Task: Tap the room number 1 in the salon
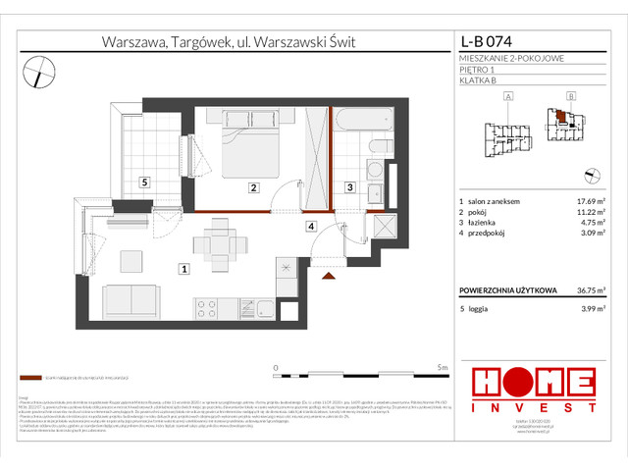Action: point(183,267)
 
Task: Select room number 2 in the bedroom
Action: point(253,187)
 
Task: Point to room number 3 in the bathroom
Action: point(348,187)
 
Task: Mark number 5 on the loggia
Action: point(143,182)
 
